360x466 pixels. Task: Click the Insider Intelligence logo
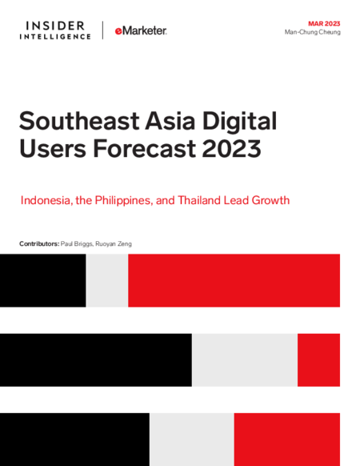coord(55,30)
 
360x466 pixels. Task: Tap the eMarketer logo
coord(141,30)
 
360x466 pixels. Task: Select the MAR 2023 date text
coord(324,23)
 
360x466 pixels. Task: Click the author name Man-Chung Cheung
coord(313,32)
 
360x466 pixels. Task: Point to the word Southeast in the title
coord(79,121)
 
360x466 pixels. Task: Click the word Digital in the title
coord(239,122)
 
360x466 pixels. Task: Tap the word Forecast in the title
coord(145,148)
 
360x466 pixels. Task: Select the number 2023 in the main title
coord(231,148)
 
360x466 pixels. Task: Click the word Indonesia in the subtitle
coord(46,200)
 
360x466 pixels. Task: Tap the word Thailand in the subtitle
coord(199,200)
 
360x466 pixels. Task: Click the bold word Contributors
coord(39,243)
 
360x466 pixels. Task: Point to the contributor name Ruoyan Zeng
coord(114,243)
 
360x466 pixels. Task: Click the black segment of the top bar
coord(42,280)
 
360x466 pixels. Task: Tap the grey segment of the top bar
coord(107,280)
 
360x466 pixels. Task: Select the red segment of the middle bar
coord(318,360)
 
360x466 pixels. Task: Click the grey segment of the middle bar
coord(245,360)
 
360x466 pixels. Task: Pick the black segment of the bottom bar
coord(74,440)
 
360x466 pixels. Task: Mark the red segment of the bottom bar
coord(287,440)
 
